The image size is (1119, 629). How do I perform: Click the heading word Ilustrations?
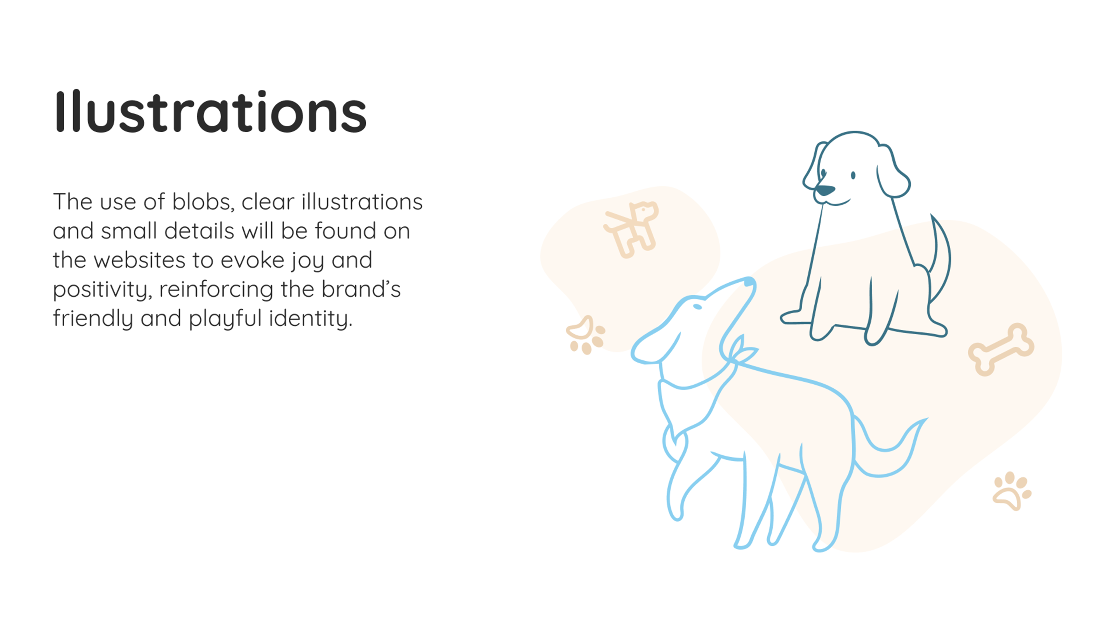pyautogui.click(x=211, y=111)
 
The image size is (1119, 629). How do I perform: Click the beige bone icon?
pyautogui.click(x=1001, y=349)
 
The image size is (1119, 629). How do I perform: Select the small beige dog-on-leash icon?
pyautogui.click(x=631, y=229)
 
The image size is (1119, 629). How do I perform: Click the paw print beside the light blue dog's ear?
pyautogui.click(x=586, y=335)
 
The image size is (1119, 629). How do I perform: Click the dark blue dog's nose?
pyautogui.click(x=824, y=190)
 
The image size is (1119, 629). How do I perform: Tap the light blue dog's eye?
pyautogui.click(x=697, y=307)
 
